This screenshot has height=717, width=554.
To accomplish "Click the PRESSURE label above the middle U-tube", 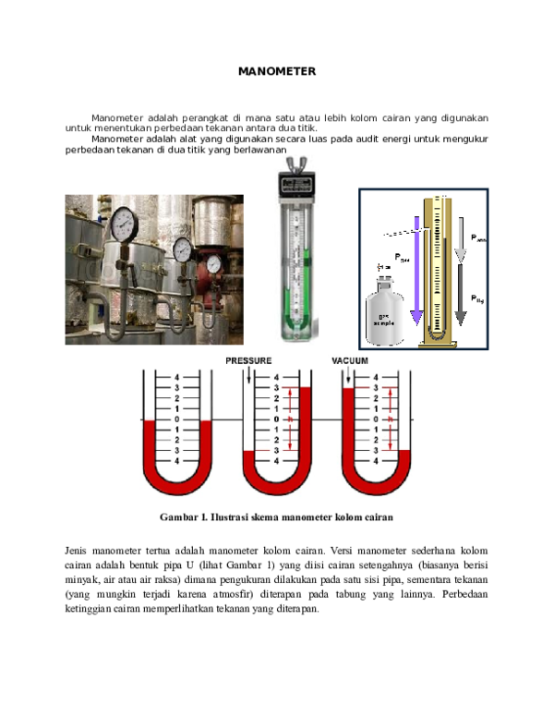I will coord(248,360).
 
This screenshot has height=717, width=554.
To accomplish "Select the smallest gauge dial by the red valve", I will coord(214,264).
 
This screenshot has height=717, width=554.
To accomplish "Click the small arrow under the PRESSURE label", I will coord(248,375).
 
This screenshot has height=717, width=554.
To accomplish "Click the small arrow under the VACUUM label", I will coord(347,375).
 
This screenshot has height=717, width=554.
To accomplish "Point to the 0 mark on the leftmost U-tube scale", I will coord(176,419).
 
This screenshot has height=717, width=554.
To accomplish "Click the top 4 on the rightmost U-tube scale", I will coord(375,378).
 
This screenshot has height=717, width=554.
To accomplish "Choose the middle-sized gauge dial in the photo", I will coord(182,249).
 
